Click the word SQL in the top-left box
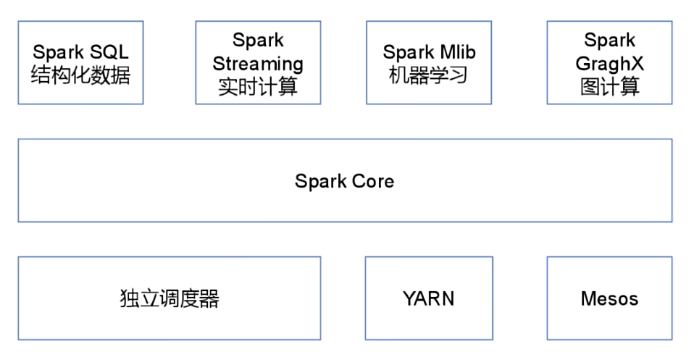point(109,52)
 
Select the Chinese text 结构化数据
point(80,75)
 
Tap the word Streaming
point(258,64)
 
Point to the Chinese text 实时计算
point(258,87)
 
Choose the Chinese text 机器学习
point(430,75)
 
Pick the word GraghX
point(609,64)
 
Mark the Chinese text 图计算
point(609,87)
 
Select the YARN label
point(429,298)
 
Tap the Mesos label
point(609,298)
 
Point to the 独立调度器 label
point(170,298)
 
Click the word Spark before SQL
point(58,52)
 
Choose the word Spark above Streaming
point(258,41)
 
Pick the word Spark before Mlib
point(409,52)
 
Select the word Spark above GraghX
point(609,41)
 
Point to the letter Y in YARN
point(409,298)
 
